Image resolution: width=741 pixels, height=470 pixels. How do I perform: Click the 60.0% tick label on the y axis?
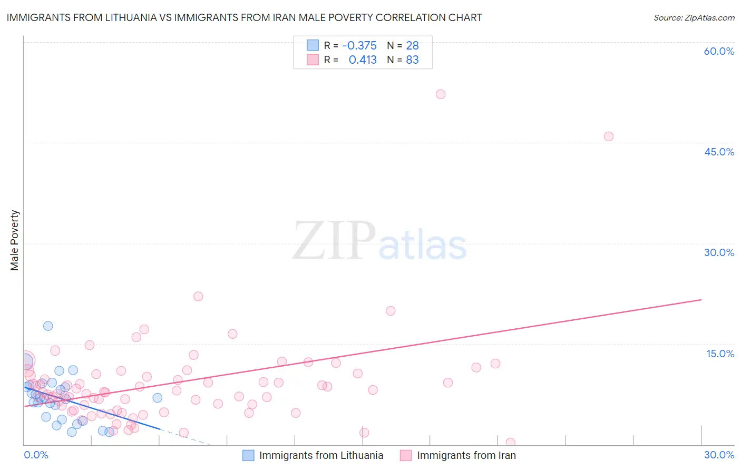[719, 51]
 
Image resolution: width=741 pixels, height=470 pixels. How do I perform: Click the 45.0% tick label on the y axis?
[719, 152]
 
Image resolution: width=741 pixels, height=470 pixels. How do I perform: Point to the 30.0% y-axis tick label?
[719, 252]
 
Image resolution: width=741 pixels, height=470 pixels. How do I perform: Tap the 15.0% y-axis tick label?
[720, 354]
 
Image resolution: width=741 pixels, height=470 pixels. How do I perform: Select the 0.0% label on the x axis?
[36, 455]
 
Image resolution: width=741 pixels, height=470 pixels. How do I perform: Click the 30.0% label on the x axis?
[719, 455]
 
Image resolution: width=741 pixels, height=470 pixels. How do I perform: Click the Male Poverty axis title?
[15, 240]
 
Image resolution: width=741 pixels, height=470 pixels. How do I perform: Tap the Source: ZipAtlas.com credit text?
[694, 17]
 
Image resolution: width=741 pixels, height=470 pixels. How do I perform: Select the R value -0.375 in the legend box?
[359, 45]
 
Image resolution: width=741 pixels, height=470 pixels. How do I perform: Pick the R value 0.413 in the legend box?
[363, 60]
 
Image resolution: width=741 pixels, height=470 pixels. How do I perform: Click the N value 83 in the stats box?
[412, 60]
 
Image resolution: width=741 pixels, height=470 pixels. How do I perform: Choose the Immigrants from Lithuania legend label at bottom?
[321, 455]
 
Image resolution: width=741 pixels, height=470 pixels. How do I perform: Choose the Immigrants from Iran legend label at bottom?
[466, 455]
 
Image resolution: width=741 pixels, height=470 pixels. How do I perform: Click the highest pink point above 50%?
[441, 94]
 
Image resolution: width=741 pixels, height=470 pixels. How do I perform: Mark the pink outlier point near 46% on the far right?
[609, 136]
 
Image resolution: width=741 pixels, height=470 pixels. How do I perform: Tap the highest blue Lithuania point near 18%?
[48, 326]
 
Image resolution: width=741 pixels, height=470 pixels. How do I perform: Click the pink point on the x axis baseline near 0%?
[510, 443]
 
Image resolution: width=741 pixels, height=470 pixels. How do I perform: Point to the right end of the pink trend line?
[701, 300]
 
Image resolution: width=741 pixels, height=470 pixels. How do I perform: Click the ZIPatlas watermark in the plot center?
[379, 241]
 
